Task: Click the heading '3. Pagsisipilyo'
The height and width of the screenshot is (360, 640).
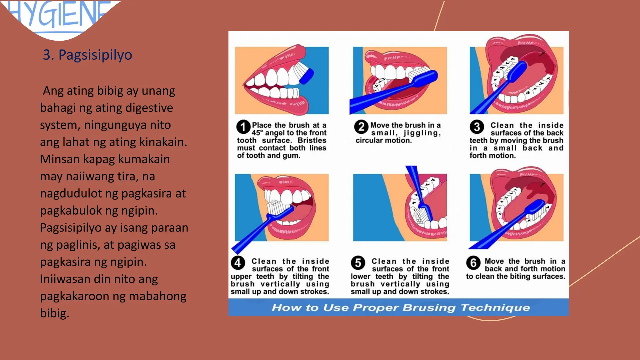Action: tap(87, 55)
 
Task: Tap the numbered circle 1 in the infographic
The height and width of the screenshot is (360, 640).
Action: tap(243, 127)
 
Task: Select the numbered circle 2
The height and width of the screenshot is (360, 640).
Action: tap(361, 127)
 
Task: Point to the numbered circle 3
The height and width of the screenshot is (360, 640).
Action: tap(477, 127)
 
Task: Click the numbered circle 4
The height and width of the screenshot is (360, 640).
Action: tap(238, 262)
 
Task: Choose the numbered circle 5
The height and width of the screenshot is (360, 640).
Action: tap(358, 263)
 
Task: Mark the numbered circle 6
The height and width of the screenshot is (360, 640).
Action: tap(473, 263)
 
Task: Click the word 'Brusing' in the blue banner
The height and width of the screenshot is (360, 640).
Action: tap(429, 308)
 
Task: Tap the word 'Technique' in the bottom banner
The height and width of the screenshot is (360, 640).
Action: tap(495, 308)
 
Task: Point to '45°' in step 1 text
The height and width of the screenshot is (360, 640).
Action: tap(257, 133)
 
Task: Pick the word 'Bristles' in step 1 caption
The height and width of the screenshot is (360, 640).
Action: tap(312, 140)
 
